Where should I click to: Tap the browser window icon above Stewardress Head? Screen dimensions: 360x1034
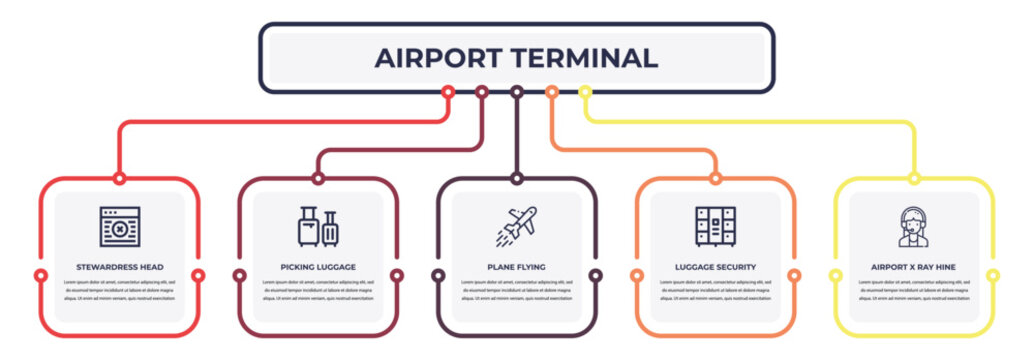pos(119,227)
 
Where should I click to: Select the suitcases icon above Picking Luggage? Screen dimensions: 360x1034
pos(318,227)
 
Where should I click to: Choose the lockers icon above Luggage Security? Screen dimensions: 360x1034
pos(715,226)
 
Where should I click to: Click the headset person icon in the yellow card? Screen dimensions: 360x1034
pos(912,227)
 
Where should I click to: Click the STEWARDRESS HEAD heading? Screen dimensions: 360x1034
pos(119,267)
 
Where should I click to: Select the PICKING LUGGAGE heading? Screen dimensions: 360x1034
pos(318,267)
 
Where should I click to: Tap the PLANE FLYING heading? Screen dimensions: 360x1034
pos(516,267)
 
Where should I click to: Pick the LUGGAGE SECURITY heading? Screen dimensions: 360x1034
pos(715,267)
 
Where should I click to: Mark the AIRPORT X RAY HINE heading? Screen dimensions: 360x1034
pos(912,267)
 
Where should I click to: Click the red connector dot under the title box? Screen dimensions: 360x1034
pos(448,92)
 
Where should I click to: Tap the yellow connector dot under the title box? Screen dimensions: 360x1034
pos(585,92)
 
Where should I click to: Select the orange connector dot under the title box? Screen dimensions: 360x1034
pos(551,92)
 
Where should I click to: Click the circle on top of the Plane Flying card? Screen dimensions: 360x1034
pos(516,178)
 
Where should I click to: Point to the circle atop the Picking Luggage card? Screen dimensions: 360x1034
pos(318,178)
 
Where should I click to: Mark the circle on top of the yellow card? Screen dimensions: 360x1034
pos(913,178)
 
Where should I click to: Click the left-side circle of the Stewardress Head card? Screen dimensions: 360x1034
pos(40,275)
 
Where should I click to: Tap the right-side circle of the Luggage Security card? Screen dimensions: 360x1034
pos(794,275)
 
